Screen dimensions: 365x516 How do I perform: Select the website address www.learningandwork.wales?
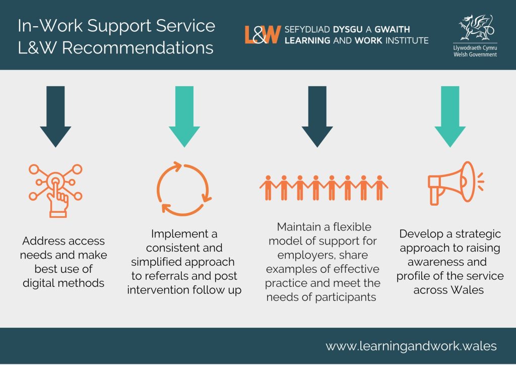tap(411, 346)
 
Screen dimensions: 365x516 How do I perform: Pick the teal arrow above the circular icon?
tap(187, 116)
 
